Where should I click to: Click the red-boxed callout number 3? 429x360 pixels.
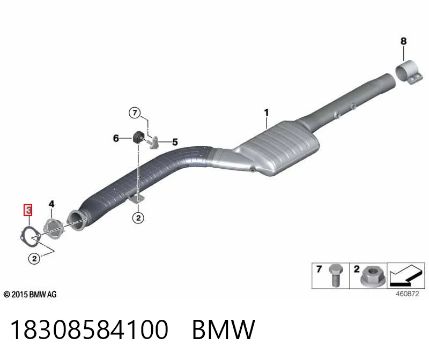pyautogui.click(x=28, y=210)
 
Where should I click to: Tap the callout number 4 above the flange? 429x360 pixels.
pyautogui.click(x=51, y=204)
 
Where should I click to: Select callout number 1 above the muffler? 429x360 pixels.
pyautogui.click(x=267, y=112)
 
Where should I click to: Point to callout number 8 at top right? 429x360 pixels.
pyautogui.click(x=404, y=41)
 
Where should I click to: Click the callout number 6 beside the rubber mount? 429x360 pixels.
pyautogui.click(x=116, y=138)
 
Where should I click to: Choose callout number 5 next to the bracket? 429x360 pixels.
pyautogui.click(x=175, y=142)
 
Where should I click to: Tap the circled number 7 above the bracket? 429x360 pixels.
pyautogui.click(x=135, y=112)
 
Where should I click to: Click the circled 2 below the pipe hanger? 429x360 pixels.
pyautogui.click(x=138, y=218)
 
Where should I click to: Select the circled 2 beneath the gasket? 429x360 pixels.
pyautogui.click(x=34, y=258)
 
